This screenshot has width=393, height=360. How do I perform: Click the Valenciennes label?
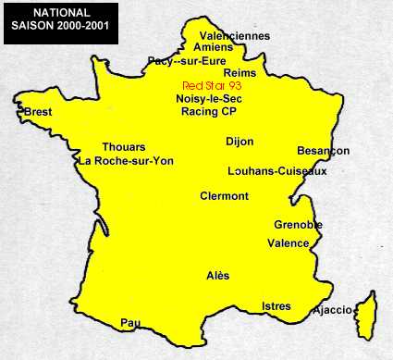[235, 36]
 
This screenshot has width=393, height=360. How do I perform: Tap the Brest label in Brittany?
[38, 112]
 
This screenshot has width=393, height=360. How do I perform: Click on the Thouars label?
[124, 147]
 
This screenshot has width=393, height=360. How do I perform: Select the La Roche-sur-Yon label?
[127, 160]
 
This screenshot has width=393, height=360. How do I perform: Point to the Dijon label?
[239, 142]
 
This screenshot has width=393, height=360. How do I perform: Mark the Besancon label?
[324, 151]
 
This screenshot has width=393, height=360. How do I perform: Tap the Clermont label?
[225, 196]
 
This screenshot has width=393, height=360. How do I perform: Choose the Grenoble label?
[298, 225]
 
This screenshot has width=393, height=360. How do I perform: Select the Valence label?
[289, 243]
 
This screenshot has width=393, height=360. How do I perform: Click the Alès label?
[218, 276]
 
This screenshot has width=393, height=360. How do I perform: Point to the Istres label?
[276, 306]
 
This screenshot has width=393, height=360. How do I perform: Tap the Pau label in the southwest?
[129, 323]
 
